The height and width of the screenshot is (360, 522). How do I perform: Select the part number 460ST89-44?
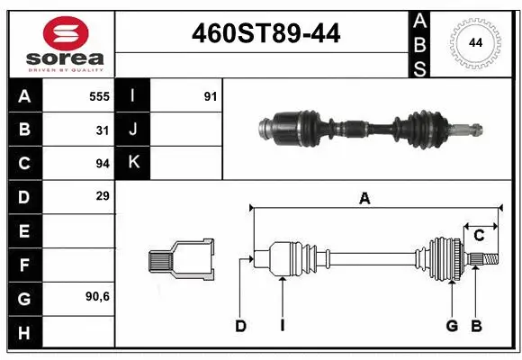(x=267, y=33)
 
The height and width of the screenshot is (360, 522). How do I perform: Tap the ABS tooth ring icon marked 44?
(x=474, y=42)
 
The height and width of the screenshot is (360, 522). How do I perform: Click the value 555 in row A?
(x=99, y=96)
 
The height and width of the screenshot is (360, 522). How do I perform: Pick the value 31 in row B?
(x=103, y=130)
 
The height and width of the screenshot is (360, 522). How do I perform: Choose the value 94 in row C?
(x=103, y=163)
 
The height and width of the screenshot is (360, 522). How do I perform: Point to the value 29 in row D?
(x=103, y=195)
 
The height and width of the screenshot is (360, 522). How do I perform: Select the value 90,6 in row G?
(x=98, y=296)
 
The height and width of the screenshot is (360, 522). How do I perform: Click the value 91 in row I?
(x=211, y=96)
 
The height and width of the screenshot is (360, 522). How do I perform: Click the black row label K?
(x=133, y=163)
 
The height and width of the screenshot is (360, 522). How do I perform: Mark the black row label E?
(x=24, y=230)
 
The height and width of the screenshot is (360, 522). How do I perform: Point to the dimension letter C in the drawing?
(x=479, y=235)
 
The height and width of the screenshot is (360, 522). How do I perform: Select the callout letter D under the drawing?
(x=240, y=326)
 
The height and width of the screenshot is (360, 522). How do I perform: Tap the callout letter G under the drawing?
(x=452, y=326)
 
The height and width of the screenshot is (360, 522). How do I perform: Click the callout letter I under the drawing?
(x=282, y=326)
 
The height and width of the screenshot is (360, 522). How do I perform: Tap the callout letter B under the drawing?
(x=476, y=326)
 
